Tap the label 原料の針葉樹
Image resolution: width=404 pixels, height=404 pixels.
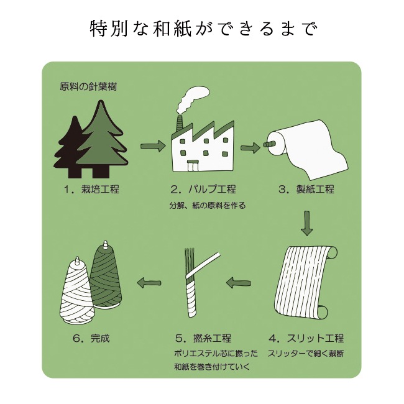(x=88, y=86)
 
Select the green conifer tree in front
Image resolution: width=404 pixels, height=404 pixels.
(x=102, y=139)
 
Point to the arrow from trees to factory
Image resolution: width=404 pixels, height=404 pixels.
(x=152, y=146)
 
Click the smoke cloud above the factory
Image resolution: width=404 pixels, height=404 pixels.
(x=193, y=99)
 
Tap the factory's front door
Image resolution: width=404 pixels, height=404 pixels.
(x=193, y=166)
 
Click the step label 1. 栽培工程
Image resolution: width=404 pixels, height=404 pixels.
(x=92, y=190)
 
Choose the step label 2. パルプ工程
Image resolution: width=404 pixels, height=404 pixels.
(x=203, y=190)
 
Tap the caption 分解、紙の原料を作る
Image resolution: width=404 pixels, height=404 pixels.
(x=208, y=205)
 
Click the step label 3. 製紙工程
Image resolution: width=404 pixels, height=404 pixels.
(x=306, y=190)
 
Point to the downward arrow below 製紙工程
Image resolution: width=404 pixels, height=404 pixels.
(x=306, y=223)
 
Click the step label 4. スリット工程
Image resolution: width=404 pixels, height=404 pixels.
(x=306, y=338)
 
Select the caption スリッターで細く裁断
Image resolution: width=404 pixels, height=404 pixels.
(x=306, y=353)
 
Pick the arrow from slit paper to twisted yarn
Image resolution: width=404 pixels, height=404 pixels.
(x=239, y=283)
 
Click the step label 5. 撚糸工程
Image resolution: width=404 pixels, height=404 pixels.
(x=203, y=338)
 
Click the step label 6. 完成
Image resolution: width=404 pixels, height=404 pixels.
(x=92, y=338)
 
